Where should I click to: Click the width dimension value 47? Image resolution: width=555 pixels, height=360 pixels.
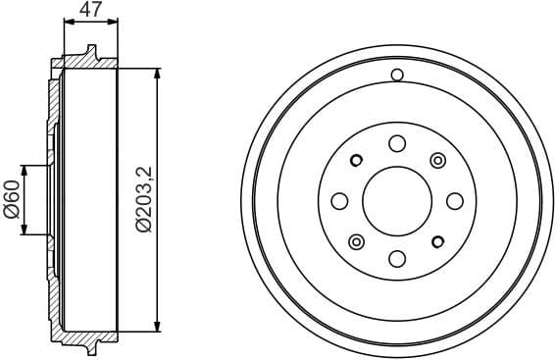tap(90, 12)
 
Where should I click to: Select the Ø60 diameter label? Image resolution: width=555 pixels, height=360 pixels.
tap(13, 202)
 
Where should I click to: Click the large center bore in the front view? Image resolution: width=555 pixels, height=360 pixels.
tap(397, 201)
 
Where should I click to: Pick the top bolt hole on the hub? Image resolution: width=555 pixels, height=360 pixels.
tap(397, 143)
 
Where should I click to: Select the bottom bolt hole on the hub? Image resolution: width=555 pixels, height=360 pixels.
tap(397, 259)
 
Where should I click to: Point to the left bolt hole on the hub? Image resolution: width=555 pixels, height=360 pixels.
tap(339, 201)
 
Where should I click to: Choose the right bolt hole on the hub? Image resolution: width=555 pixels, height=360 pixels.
tap(455, 201)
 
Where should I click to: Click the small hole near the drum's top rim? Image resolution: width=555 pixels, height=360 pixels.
tap(397, 76)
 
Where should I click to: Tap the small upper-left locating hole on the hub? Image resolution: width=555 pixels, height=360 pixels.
tap(357, 160)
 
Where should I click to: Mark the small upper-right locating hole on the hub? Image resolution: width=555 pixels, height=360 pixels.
tap(437, 160)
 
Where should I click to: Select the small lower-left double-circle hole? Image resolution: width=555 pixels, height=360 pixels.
tap(356, 242)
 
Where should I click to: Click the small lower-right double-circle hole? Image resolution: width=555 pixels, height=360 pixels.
tap(438, 242)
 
